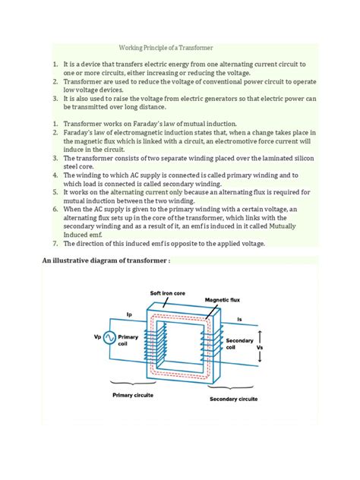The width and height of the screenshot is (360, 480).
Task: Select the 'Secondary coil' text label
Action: pyautogui.click(x=240, y=345)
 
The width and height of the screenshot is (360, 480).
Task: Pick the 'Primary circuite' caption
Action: pyautogui.click(x=133, y=396)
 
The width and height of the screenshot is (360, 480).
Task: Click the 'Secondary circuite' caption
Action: pyautogui.click(x=232, y=398)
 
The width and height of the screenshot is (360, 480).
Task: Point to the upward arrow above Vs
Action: pyautogui.click(x=263, y=334)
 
